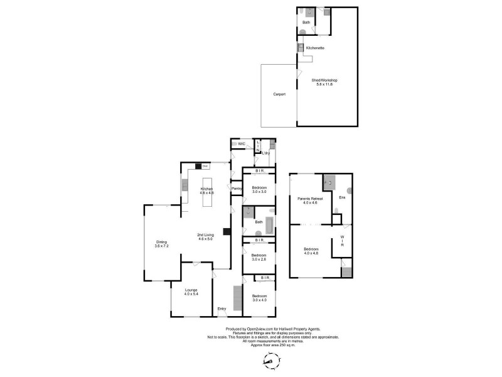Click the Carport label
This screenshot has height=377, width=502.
click(x=279, y=94)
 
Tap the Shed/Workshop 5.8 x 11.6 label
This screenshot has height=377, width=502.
click(x=325, y=82)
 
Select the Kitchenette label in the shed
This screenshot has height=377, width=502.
click(x=315, y=48)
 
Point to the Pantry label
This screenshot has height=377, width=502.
click(x=237, y=188)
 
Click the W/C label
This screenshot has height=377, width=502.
click(x=241, y=144)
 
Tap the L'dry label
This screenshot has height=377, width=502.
click(x=265, y=153)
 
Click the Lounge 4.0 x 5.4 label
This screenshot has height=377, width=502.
click(x=191, y=292)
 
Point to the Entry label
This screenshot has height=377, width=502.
click(x=222, y=309)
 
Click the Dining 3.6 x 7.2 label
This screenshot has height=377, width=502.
click(x=162, y=244)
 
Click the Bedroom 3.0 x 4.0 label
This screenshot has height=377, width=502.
click(x=259, y=298)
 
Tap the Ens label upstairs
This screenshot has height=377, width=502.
click(x=342, y=198)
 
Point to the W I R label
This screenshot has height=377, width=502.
click(x=342, y=241)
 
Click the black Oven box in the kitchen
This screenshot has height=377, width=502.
click(x=205, y=167)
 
